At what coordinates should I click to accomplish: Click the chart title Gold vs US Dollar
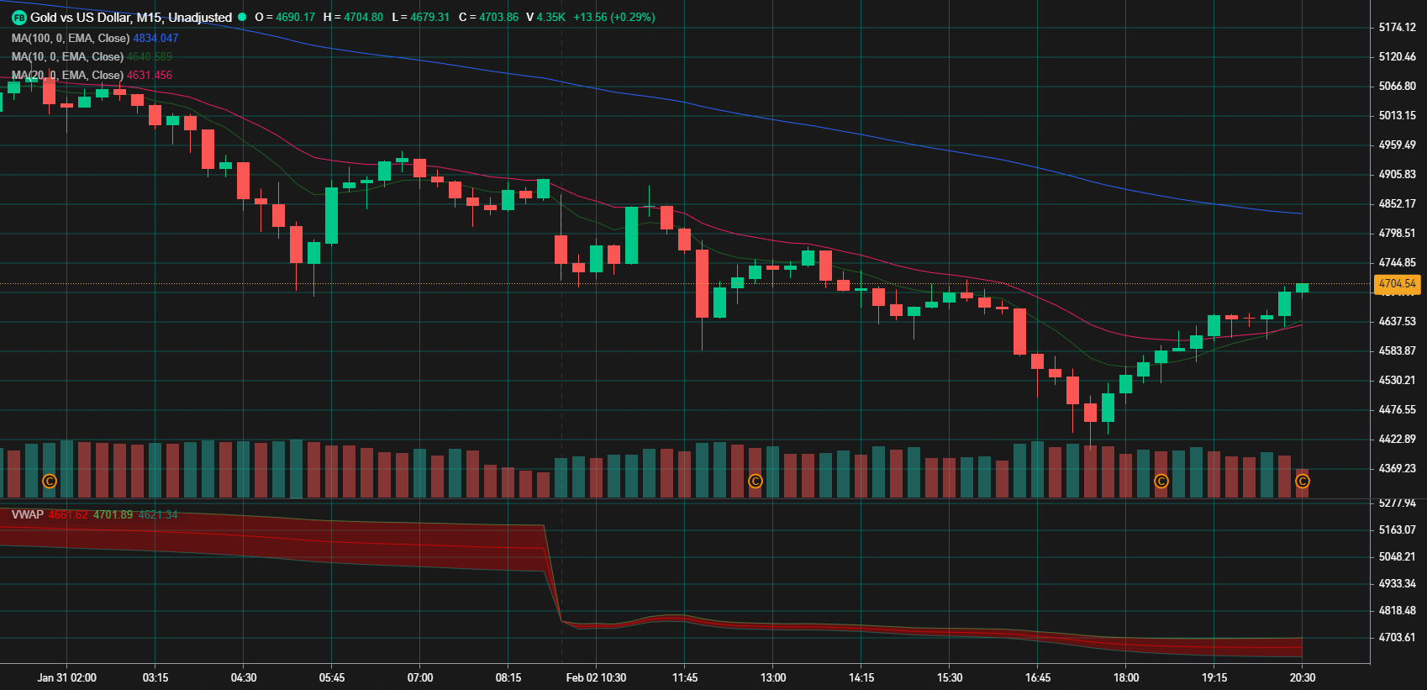[130, 18]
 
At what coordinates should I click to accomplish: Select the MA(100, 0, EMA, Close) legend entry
[71, 39]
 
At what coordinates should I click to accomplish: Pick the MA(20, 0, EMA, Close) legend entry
[67, 76]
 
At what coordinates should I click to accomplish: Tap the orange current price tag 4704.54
[1397, 284]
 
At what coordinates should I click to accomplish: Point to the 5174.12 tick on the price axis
[1397, 28]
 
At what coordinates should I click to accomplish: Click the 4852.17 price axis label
[1397, 204]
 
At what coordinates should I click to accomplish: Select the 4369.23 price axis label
[1397, 469]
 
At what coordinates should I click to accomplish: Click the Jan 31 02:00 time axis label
[67, 677]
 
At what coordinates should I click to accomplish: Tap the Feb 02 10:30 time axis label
[596, 677]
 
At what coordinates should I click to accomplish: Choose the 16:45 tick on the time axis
[1037, 677]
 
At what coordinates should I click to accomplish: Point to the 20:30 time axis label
[1302, 677]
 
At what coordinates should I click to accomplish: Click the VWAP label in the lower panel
[28, 515]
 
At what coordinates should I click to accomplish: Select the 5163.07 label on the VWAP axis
[1397, 530]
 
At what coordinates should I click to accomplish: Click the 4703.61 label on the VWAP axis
[1397, 638]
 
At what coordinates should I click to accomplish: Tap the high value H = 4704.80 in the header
[353, 18]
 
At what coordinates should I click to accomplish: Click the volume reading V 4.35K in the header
[545, 18]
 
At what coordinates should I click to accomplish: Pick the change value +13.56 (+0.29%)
[614, 18]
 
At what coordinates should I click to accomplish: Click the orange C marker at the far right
[1302, 482]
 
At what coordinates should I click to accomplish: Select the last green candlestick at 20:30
[1302, 288]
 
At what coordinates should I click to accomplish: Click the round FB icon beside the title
[19, 18]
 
